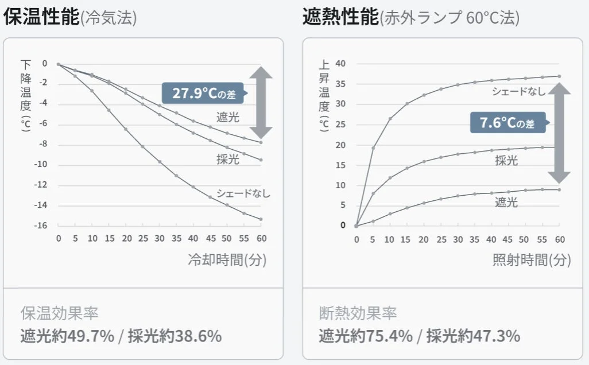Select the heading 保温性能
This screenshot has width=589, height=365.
41,17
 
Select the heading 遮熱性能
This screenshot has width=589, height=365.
340,17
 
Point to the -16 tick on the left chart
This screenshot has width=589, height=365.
40,226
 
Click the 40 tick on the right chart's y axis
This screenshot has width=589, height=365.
340,63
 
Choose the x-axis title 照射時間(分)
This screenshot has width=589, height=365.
532,259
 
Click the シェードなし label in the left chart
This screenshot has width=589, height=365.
243,193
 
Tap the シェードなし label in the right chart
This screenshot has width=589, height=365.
518,91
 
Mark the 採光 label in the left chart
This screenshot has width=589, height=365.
228,160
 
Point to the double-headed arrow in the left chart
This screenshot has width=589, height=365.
261,102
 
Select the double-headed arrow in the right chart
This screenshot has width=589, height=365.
559,133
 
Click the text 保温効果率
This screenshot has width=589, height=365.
59,313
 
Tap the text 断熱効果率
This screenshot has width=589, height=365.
358,313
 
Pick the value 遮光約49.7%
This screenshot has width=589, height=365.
67,336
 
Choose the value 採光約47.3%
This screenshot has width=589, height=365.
474,336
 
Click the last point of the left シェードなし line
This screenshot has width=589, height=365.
261,219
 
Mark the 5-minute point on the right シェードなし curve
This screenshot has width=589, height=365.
373,148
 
